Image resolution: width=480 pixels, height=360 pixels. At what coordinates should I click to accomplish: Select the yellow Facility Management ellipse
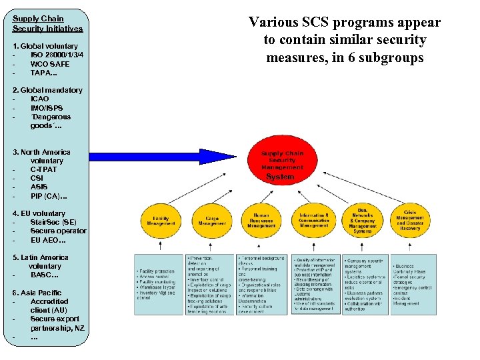pos(161,220)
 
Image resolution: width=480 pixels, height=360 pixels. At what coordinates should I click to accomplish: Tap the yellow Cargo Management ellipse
pos(211,220)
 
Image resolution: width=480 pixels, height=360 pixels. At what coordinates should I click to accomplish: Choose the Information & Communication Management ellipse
pos(313,220)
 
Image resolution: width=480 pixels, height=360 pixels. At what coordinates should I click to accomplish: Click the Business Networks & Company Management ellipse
pos(363,220)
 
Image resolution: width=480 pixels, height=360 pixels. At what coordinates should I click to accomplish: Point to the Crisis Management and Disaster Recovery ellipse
pos(410,220)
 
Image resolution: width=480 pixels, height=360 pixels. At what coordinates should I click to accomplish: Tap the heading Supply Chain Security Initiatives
pos(47,24)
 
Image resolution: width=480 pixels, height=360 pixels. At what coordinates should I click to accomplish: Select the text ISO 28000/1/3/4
pos(57,55)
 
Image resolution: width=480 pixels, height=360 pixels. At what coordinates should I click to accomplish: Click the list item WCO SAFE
pos(49,63)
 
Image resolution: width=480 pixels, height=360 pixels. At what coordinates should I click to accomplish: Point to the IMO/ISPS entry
pos(47,107)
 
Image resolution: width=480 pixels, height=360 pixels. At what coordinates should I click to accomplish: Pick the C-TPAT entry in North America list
pos(43,169)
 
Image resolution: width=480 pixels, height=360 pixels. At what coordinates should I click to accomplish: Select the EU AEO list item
pos(48,239)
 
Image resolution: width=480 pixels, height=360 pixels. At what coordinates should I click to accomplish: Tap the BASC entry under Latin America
pos(45,275)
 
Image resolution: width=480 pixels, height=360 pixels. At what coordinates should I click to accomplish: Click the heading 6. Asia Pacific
pos(37,293)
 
